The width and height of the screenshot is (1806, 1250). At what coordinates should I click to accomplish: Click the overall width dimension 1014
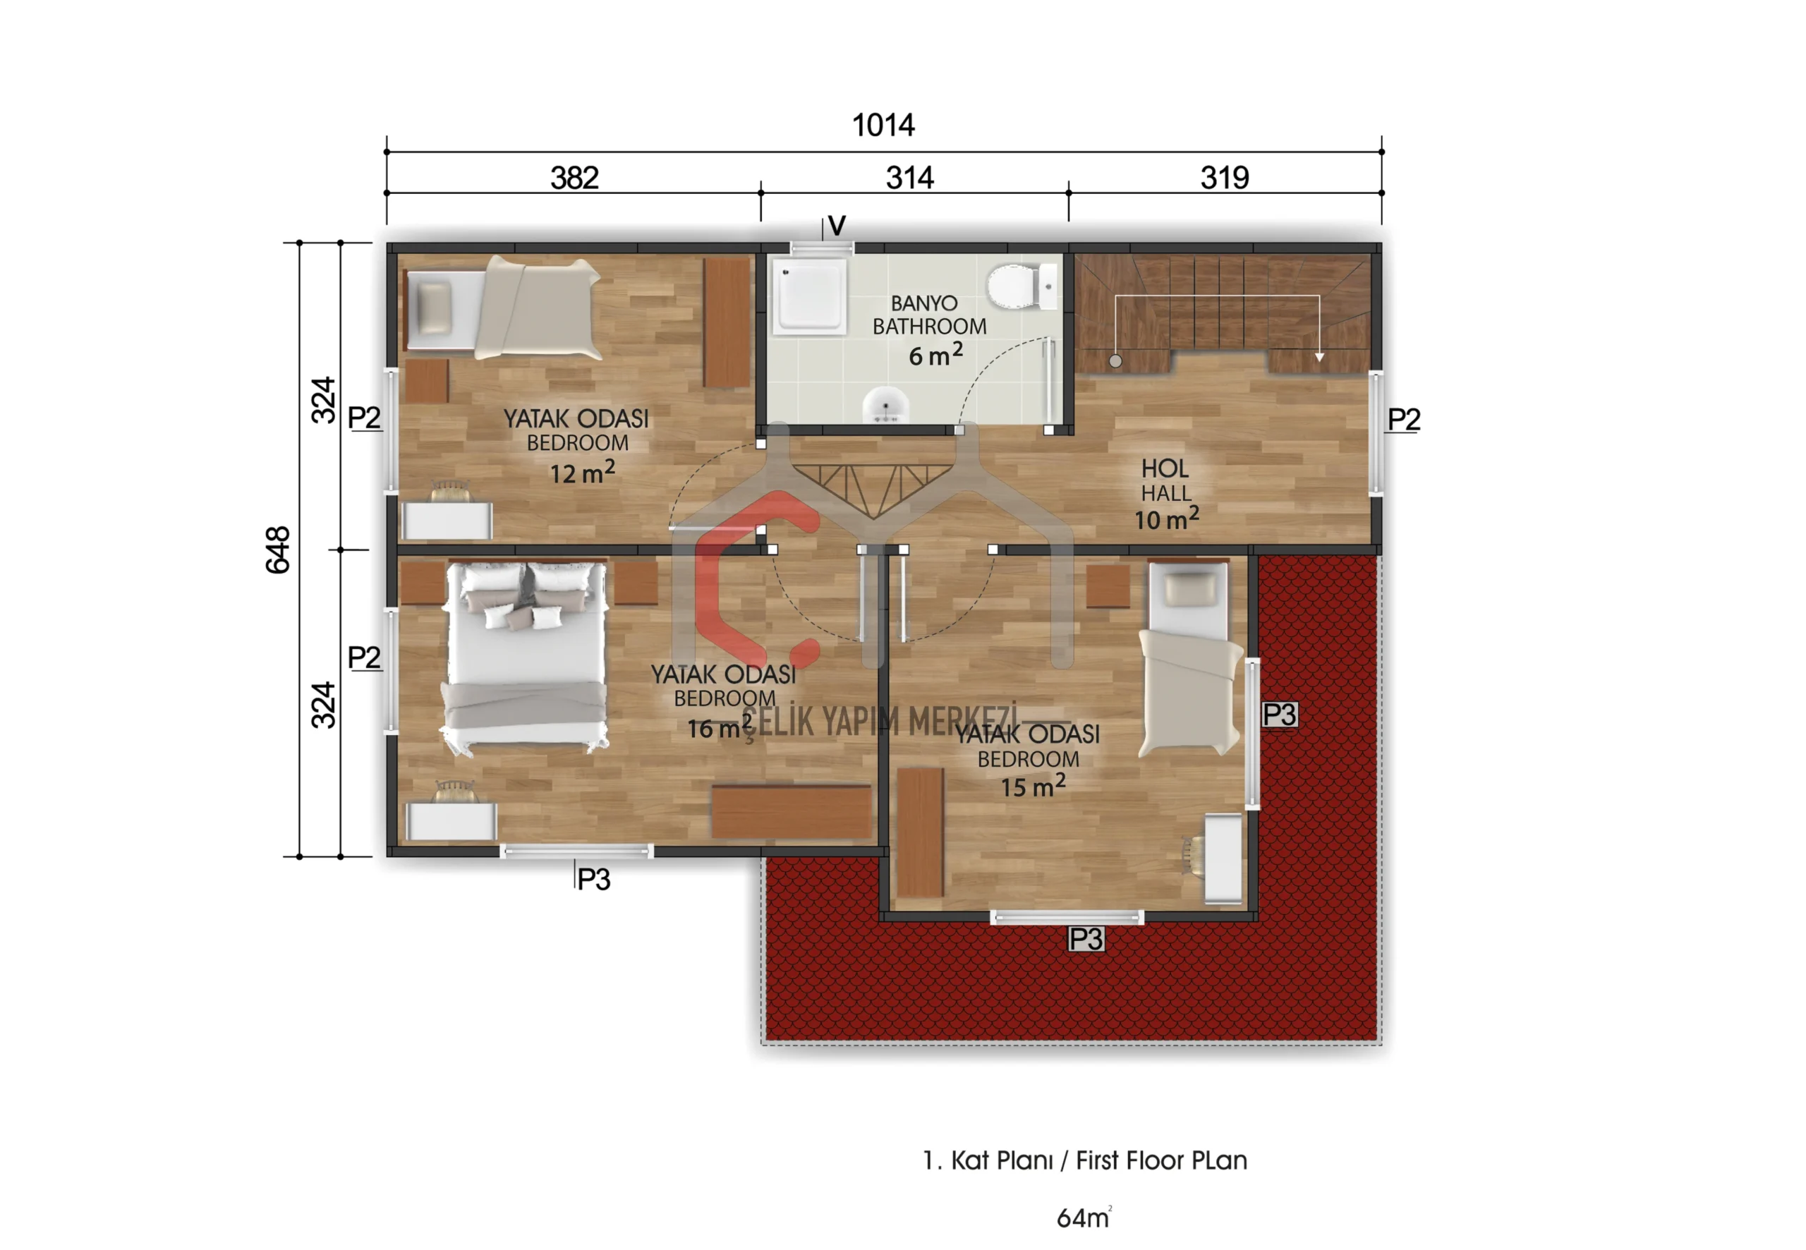pyautogui.click(x=883, y=126)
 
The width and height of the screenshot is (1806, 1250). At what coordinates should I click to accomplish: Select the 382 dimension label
pyautogui.click(x=574, y=178)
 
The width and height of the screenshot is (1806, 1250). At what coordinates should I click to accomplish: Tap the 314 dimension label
pyautogui.click(x=909, y=178)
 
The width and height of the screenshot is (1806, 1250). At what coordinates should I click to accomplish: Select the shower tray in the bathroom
pyautogui.click(x=810, y=297)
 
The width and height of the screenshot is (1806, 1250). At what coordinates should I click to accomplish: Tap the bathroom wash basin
pyautogui.click(x=886, y=406)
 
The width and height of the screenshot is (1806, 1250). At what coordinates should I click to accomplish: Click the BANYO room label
pyautogui.click(x=924, y=303)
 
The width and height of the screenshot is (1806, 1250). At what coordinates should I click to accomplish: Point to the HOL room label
pyautogui.click(x=1165, y=468)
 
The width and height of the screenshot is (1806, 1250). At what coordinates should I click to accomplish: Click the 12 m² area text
pyautogui.click(x=582, y=472)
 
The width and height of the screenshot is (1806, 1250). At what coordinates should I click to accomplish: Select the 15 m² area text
pyautogui.click(x=1032, y=786)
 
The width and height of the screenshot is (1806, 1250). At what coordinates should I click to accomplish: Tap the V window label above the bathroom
pyautogui.click(x=837, y=226)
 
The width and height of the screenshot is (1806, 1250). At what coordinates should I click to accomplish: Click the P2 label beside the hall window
pyautogui.click(x=1403, y=420)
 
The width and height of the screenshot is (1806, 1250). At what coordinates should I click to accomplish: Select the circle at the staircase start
pyautogui.click(x=1115, y=361)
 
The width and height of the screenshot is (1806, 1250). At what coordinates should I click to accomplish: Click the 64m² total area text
pyautogui.click(x=1084, y=1217)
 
